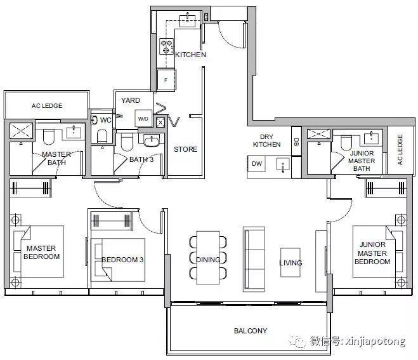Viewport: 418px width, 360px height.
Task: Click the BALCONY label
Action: point(251,331)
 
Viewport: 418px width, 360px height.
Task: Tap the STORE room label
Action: point(186,149)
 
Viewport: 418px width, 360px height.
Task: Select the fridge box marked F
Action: point(166,80)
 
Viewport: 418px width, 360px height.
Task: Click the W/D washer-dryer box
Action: point(143,119)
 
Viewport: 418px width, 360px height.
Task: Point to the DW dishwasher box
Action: point(257,164)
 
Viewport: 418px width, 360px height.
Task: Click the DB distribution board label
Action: point(296,142)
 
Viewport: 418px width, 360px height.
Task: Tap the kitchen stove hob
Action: point(166,46)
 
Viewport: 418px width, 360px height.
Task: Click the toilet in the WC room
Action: point(102,136)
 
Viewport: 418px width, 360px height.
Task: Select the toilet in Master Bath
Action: point(48,137)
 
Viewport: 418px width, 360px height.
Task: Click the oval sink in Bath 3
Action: point(152,141)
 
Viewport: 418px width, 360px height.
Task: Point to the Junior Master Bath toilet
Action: point(346,143)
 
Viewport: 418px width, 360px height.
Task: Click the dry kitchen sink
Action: point(282,164)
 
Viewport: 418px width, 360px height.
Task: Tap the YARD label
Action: point(131,100)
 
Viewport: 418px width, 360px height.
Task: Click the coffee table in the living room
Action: point(291,263)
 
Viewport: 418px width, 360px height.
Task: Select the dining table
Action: point(208,258)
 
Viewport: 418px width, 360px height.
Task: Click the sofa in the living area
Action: point(254,259)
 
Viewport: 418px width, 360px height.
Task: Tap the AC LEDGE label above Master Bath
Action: point(47,106)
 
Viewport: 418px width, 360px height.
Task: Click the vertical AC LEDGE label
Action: point(400,150)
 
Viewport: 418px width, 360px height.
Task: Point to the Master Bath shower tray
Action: point(21,131)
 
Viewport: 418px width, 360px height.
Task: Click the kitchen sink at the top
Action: point(187,21)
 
